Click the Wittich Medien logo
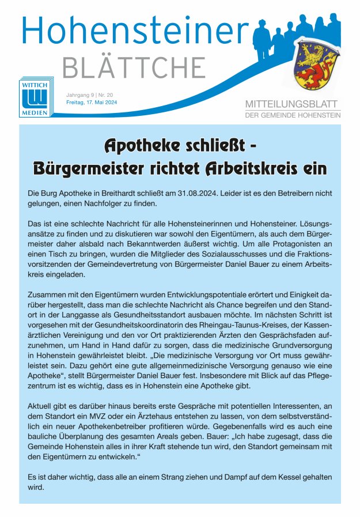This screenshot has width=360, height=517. pos(34,99)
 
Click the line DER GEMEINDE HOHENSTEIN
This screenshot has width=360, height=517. pos(293,115)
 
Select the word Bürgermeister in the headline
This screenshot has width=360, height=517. pos(92,169)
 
